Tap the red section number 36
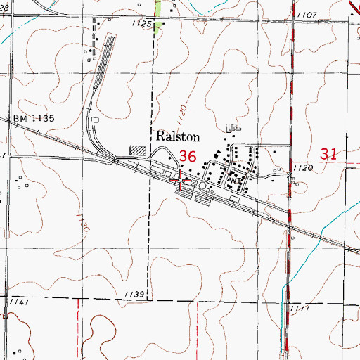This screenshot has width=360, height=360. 188,156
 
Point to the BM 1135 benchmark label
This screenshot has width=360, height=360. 34,119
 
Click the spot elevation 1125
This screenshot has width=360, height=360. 143,24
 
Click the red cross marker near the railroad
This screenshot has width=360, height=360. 181,183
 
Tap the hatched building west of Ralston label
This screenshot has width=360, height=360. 139,150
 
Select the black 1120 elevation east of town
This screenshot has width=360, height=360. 303,169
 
